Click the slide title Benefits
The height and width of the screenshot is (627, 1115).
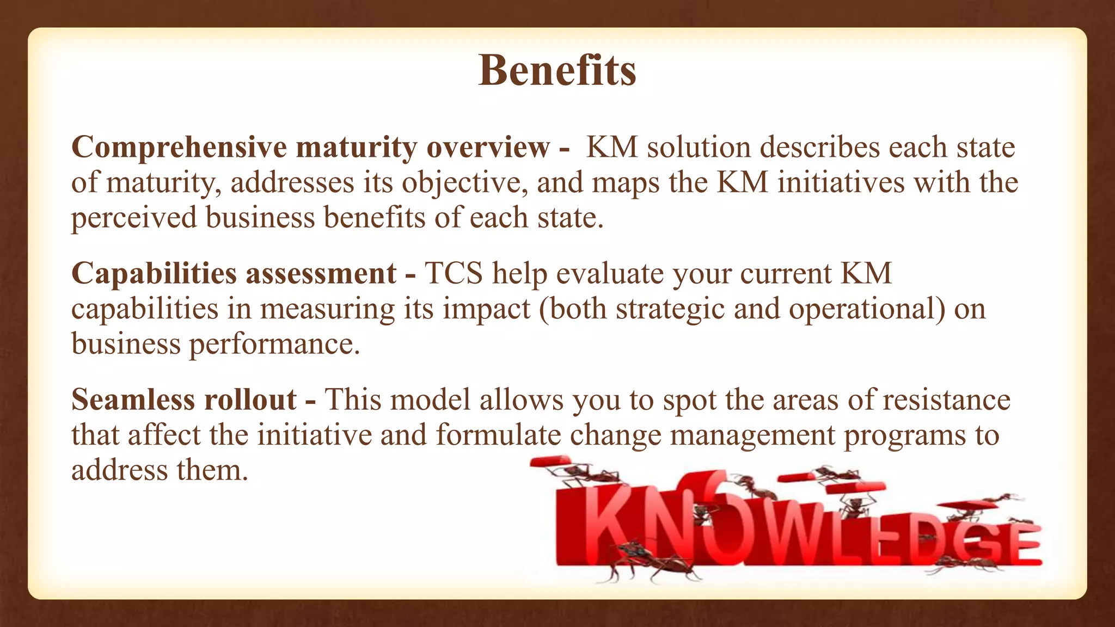pos(557,71)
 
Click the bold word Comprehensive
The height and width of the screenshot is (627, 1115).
pos(179,148)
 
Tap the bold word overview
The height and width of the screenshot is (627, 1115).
pos(488,148)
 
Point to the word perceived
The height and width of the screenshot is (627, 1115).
pos(133,218)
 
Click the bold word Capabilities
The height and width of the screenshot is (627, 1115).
pos(153,274)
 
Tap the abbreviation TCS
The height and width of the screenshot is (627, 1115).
pos(454,274)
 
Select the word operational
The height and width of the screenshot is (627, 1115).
pos(867,309)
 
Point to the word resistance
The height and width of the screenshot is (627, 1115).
pos(946,400)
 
